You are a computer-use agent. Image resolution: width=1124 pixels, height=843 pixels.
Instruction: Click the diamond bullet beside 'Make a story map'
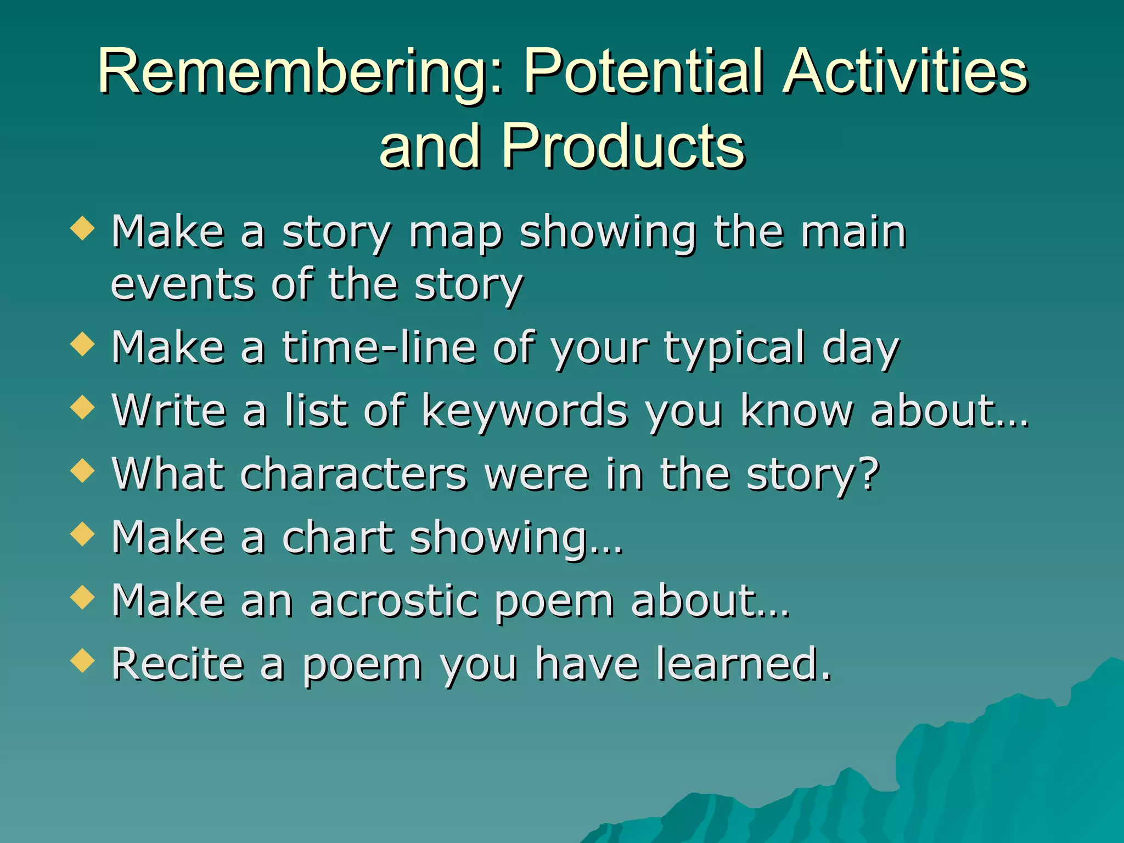83,228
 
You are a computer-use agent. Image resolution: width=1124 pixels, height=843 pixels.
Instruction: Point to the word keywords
524,412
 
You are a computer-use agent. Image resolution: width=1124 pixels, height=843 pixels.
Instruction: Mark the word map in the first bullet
456,233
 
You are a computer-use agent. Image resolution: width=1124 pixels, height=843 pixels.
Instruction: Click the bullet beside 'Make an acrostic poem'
83,597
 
